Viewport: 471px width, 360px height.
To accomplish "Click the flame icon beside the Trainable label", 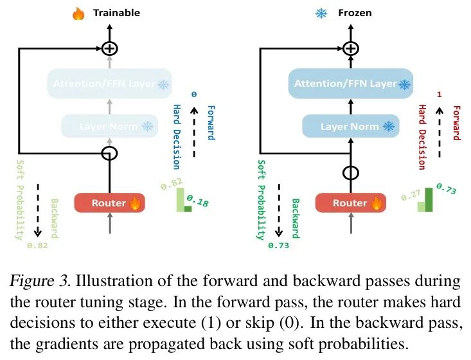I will point(78,13).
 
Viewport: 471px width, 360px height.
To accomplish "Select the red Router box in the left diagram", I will point(109,203).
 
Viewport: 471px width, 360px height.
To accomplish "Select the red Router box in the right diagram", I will point(350,203).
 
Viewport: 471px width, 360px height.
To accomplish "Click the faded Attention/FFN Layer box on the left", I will point(109,84).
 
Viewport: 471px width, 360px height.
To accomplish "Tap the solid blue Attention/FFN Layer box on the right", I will point(350,84).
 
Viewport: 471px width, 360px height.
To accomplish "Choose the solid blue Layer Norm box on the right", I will point(350,126).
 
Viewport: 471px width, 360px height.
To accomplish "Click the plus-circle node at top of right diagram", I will point(350,48).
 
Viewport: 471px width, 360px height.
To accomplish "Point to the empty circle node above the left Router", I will point(110,153).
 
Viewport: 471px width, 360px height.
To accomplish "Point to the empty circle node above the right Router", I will point(350,173).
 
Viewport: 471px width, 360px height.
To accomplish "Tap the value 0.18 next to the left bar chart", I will point(202,204).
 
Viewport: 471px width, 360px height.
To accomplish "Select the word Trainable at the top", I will point(116,13).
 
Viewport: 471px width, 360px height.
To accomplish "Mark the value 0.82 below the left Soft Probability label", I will point(37,245).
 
